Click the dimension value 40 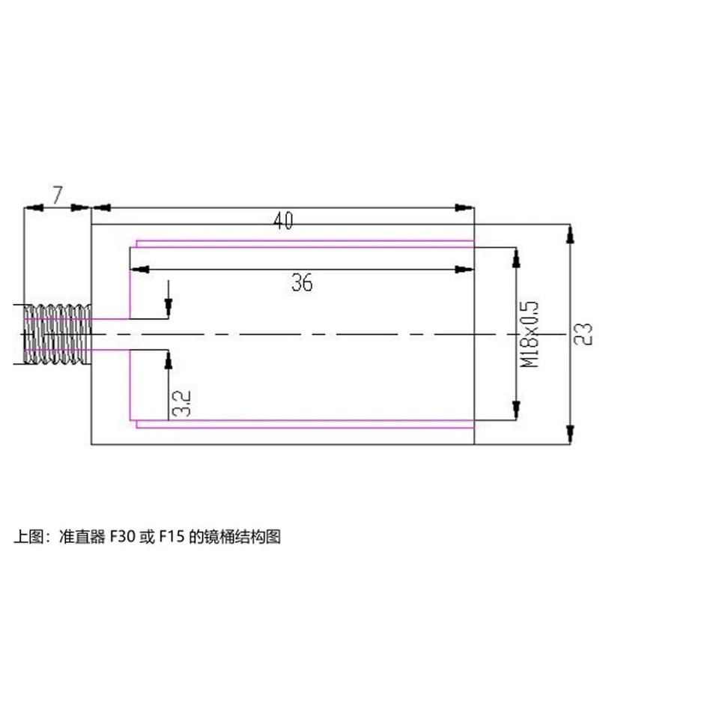click(x=282, y=221)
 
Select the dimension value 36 click(x=302, y=282)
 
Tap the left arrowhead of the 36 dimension click(x=138, y=268)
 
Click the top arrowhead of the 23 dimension click(x=570, y=233)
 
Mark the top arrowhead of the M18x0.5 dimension click(x=515, y=258)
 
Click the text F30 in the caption click(x=122, y=537)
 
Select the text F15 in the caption click(x=169, y=537)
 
